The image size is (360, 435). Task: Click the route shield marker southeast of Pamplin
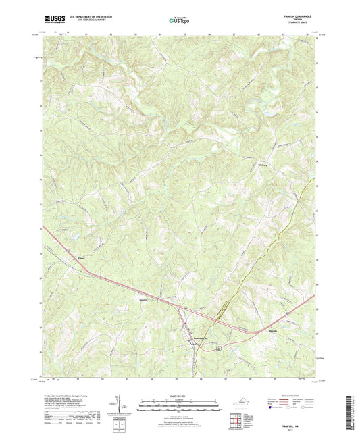pos(218,346)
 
